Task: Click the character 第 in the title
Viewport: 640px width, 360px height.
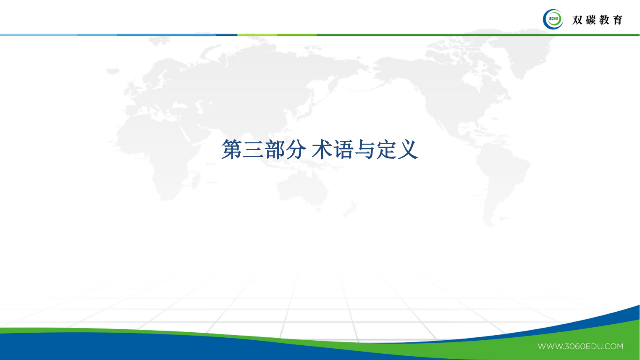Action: [x=231, y=150]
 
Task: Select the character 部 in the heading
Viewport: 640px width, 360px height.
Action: [x=275, y=150]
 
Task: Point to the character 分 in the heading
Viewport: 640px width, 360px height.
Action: [x=296, y=150]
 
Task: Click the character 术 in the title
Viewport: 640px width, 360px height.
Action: [x=322, y=150]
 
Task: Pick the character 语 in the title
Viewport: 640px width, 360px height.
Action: [x=343, y=150]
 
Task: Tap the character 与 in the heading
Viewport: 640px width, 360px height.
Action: [x=365, y=150]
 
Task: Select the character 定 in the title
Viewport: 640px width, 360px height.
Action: [x=386, y=150]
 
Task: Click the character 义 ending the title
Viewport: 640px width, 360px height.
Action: [x=408, y=150]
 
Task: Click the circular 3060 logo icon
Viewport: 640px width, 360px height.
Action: [x=553, y=19]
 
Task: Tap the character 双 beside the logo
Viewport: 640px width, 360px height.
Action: [x=577, y=20]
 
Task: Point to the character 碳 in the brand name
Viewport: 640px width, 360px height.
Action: [x=591, y=20]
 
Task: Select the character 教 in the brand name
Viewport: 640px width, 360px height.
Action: [x=604, y=20]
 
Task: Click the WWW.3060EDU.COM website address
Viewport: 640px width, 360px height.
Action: [x=580, y=347]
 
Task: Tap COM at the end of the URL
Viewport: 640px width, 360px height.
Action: [x=614, y=347]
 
